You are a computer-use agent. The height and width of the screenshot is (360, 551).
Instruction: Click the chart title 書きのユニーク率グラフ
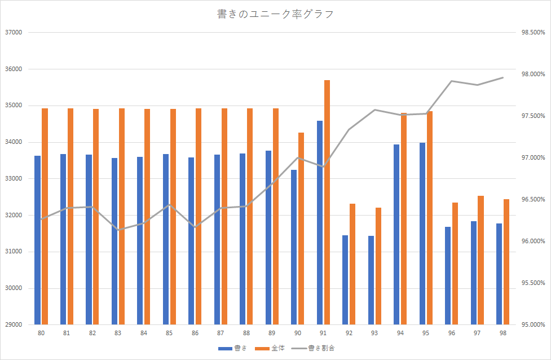point(275,14)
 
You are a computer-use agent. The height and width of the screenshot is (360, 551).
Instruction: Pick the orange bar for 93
point(378,266)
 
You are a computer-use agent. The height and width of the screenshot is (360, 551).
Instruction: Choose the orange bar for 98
point(506,262)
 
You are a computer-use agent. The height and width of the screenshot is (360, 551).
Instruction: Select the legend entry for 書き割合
point(321,348)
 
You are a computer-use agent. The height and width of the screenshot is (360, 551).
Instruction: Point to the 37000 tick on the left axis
point(13,32)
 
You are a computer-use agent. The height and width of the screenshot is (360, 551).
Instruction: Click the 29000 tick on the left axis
point(13,325)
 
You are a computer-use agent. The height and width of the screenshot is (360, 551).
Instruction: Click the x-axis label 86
point(195,333)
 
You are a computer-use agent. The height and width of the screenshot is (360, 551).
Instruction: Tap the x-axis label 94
point(400,333)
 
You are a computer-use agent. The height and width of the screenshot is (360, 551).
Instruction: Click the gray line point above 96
point(452,81)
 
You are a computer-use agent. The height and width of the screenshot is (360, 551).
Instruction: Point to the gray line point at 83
point(118,230)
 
